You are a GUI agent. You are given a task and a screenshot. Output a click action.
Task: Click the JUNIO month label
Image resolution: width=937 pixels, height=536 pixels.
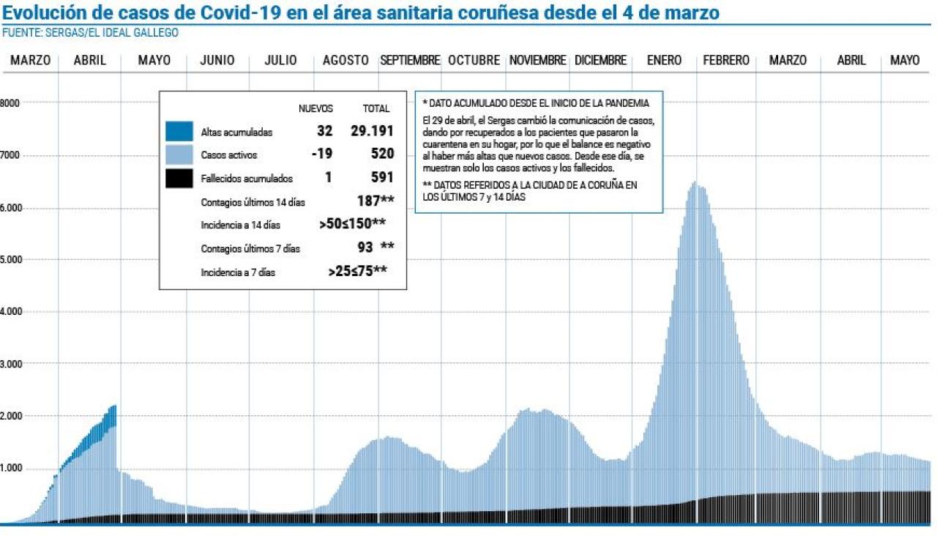point(217,61)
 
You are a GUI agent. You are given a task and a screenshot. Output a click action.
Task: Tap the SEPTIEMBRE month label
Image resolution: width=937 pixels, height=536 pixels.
point(410,61)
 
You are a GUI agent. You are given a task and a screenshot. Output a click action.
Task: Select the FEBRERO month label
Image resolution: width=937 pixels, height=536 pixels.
point(726,61)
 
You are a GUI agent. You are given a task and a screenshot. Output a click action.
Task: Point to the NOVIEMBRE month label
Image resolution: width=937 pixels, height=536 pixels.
point(538,61)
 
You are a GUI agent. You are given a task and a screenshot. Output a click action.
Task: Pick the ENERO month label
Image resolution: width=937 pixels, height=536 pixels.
point(664,61)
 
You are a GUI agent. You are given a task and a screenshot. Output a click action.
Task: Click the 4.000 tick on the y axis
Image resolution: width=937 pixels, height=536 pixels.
point(11,312)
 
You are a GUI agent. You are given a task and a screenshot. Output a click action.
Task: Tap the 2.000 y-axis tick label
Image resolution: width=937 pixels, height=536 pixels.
point(11,416)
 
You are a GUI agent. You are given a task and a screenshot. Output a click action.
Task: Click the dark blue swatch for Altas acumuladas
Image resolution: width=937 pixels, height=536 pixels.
point(180,132)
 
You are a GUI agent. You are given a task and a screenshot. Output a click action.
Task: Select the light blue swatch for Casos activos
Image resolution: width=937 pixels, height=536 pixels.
point(180,155)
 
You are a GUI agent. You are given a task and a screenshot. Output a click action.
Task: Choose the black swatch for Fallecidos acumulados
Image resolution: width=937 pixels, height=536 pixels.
point(180,178)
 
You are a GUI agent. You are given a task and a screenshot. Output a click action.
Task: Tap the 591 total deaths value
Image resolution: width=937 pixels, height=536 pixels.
point(382,177)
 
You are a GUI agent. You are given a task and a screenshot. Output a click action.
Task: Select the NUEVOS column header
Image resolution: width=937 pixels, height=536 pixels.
point(316,108)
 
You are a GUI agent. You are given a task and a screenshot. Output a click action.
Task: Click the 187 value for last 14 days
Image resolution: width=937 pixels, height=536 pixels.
point(370,201)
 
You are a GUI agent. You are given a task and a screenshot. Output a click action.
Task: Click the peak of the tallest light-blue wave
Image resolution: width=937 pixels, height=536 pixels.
point(694,184)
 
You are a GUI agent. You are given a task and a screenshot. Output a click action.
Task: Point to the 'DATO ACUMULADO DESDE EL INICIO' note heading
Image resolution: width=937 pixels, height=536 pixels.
point(537,103)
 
